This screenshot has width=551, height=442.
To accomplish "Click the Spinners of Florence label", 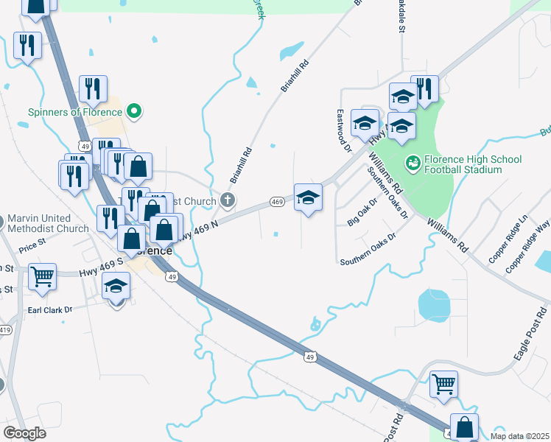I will point(74,112).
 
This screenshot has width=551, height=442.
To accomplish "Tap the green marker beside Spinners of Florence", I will point(133,112).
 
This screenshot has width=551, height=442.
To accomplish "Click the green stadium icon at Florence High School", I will point(413,160).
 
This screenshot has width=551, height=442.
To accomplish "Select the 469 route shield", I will point(276,202).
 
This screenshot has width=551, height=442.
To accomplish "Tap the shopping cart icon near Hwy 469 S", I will point(43,276).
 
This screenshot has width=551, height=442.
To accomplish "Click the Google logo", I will point(24,433).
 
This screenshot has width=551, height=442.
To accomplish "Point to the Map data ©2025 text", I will point(519,436).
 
